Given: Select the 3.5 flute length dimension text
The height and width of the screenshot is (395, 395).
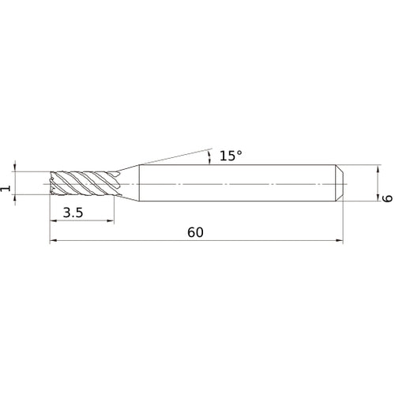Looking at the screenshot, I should [x=73, y=212].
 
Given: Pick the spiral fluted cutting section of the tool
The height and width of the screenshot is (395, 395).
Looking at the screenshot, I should [x=83, y=184].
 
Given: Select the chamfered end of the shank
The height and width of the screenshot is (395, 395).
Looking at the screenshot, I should [x=340, y=183].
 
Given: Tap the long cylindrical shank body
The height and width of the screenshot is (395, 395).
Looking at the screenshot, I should [x=237, y=183].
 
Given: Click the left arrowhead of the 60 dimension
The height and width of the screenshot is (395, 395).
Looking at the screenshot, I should [x=54, y=241].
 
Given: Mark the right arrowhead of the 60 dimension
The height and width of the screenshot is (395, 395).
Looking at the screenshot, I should [x=340, y=241].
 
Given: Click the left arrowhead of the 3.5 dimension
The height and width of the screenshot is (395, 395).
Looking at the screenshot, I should [x=54, y=221].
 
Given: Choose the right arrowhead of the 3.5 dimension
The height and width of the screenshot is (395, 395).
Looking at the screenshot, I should [x=111, y=221].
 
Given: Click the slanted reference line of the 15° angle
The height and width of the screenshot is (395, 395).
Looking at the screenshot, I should [x=174, y=155].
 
